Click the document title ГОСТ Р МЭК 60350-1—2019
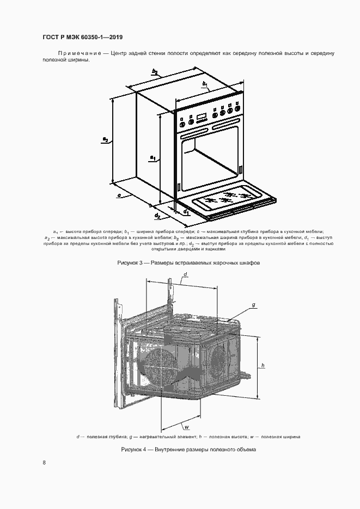coord(82,37)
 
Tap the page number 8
coord(44,462)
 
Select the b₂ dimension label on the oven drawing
coord(155,71)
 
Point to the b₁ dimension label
coord(205,84)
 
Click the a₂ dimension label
coord(105,139)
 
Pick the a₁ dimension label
coord(152,158)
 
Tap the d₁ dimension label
coord(186,212)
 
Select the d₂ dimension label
coord(157,215)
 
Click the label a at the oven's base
coord(119,195)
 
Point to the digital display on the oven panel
coord(202,115)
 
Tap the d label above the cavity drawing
coord(185,274)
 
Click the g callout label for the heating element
coord(254,305)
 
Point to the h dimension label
coord(263,365)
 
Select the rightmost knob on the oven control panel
coord(238,109)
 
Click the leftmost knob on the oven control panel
coord(182,124)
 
